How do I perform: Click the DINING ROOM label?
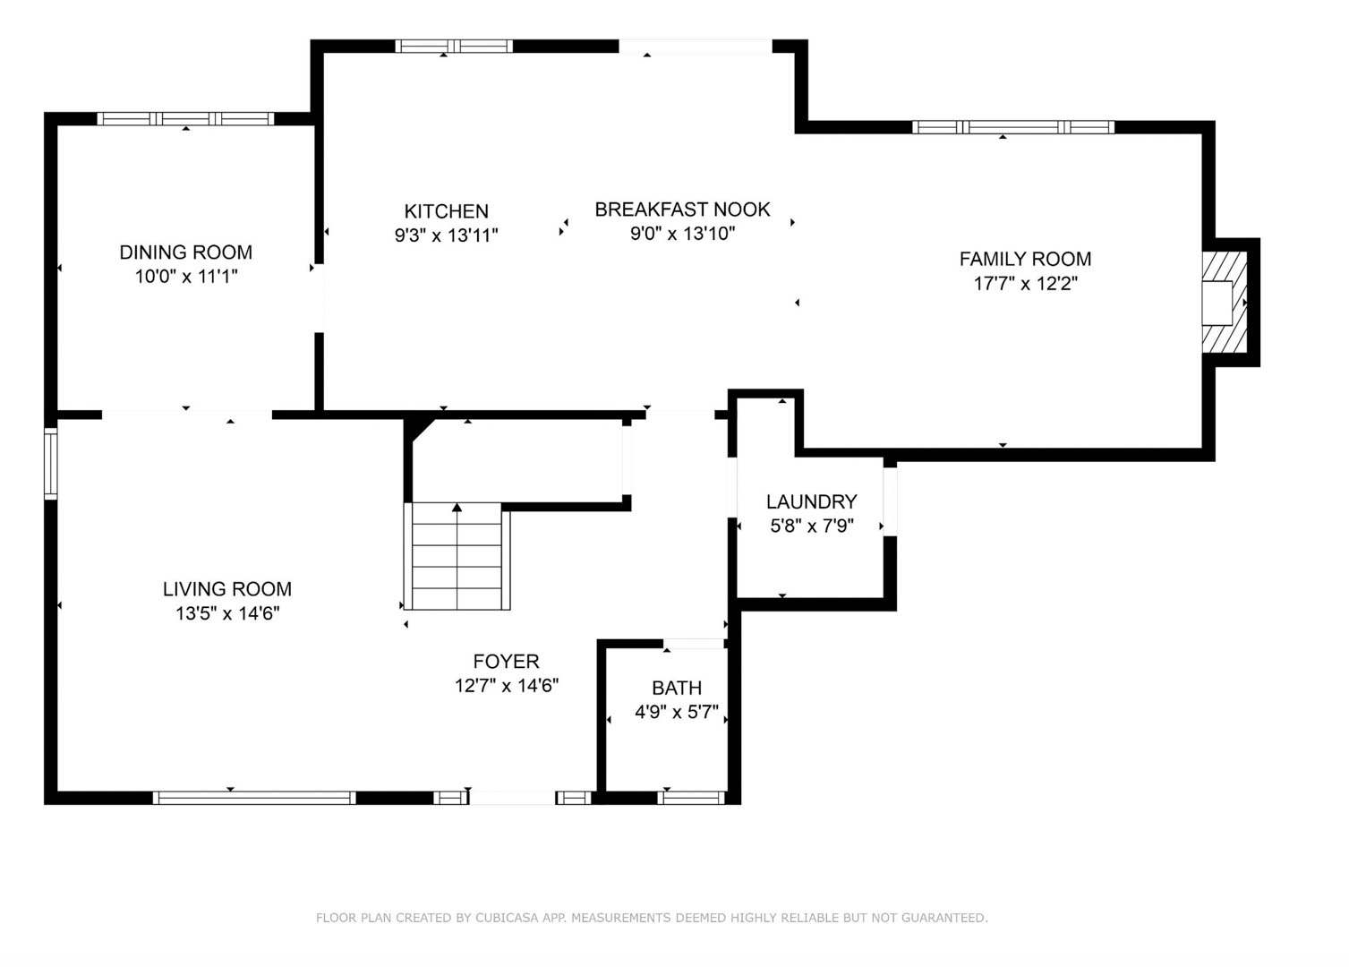coord(185,252)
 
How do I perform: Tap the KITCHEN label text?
coord(447,211)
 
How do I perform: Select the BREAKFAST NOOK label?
coord(682,209)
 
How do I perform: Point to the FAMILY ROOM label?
coord(1025,259)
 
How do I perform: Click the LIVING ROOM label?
coord(227,588)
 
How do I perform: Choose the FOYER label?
coord(506,662)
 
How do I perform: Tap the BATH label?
coord(677,688)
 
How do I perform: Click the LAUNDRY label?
coord(811,501)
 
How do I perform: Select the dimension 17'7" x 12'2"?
coord(1025,283)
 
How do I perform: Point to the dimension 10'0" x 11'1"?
coord(186,277)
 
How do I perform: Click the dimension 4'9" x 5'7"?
coord(677,712)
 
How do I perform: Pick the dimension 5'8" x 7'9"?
coord(812,526)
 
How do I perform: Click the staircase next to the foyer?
coord(457,556)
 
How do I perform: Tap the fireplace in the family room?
coord(1225,303)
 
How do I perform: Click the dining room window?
coord(185,119)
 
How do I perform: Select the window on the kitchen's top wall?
coord(454,46)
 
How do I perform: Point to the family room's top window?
coord(1013,127)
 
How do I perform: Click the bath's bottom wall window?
coord(691,798)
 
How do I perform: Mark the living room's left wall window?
coord(51,463)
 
